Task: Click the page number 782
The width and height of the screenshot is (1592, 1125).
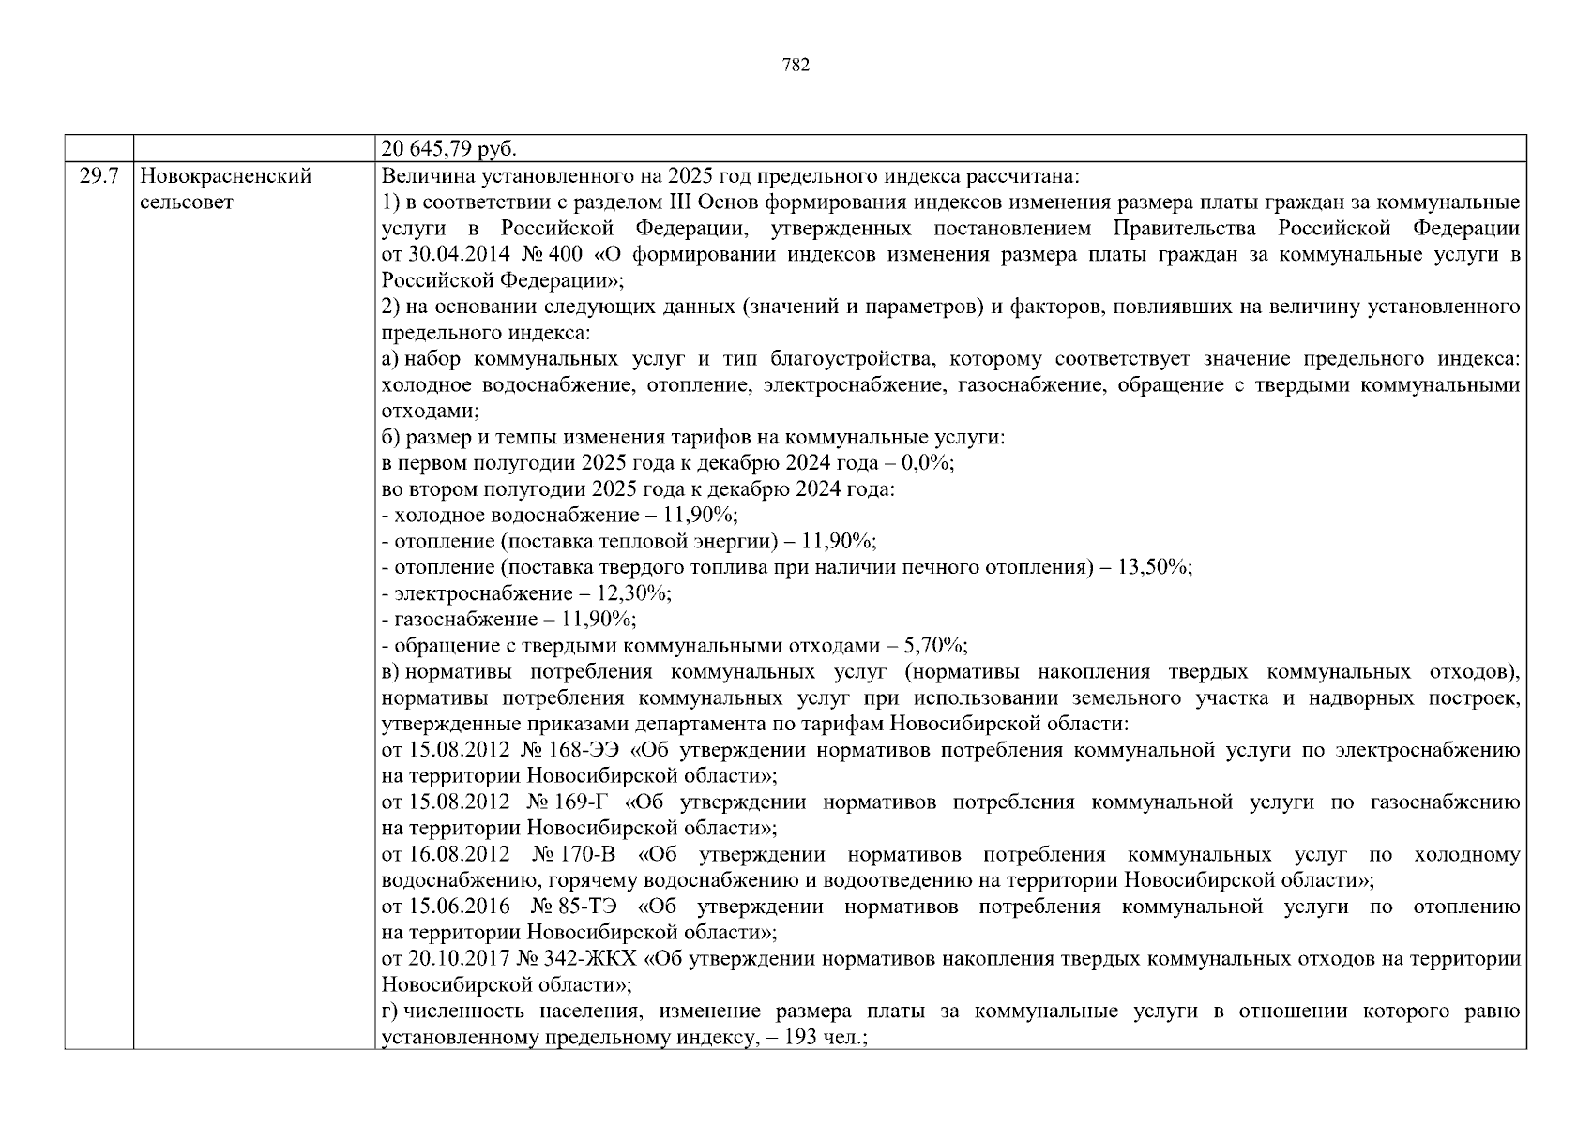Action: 795,65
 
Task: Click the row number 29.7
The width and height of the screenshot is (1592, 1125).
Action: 98,176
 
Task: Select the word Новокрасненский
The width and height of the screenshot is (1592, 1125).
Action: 225,176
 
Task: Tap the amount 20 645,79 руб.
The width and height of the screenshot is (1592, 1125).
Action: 449,149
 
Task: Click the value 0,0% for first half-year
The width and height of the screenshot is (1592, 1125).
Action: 926,463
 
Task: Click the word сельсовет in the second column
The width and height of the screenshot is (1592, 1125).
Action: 186,202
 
